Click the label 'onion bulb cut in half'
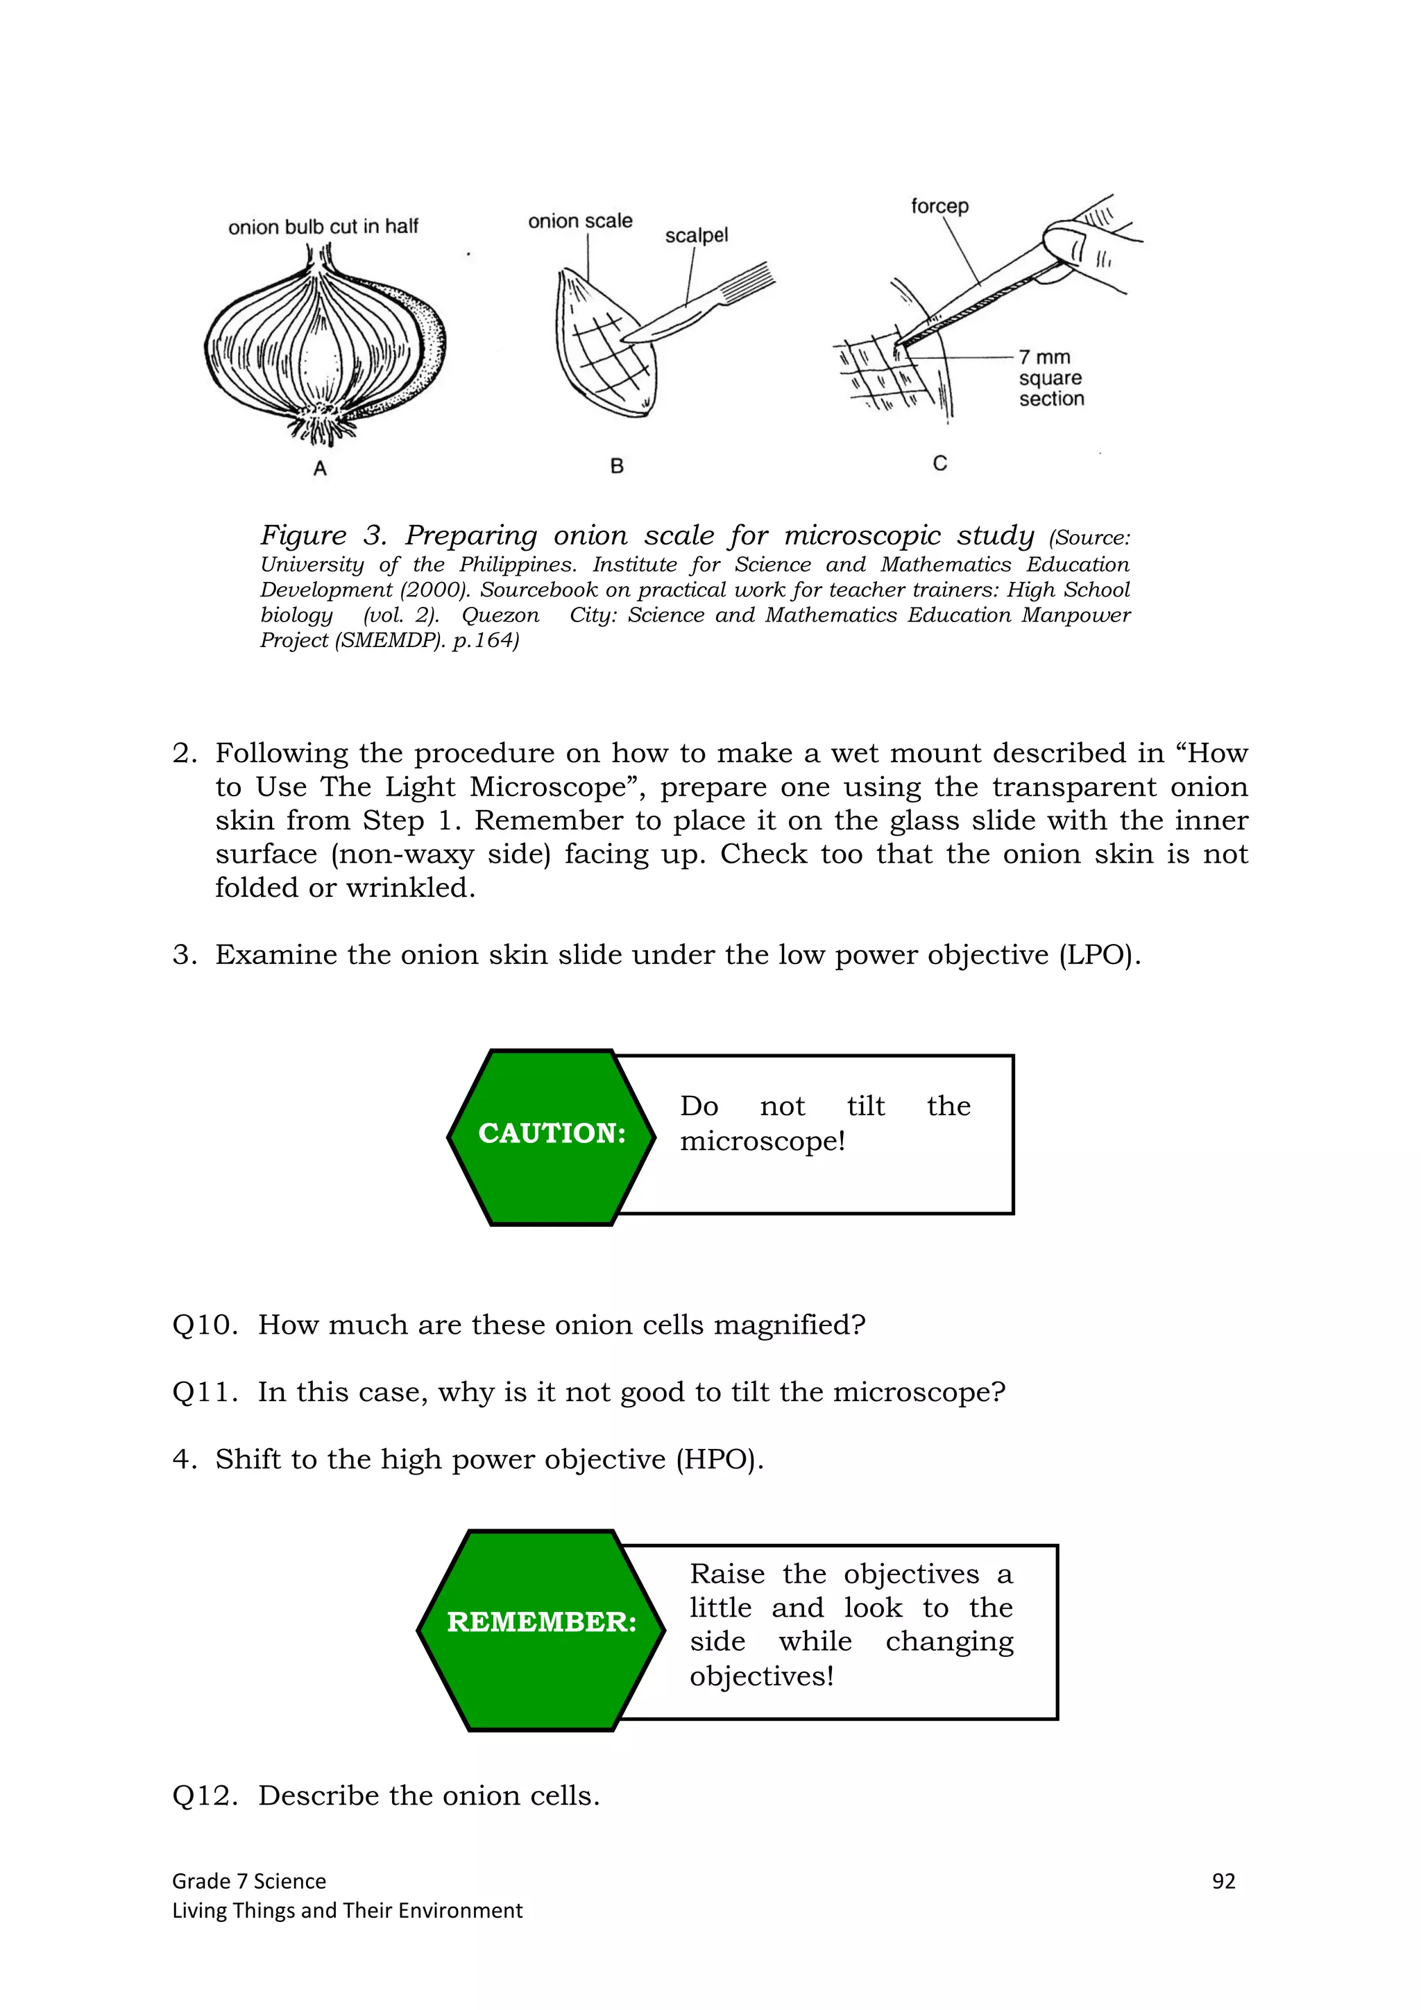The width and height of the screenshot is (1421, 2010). [x=323, y=227]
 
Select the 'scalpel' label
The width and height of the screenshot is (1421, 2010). [x=696, y=236]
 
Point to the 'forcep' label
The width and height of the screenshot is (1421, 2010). [x=939, y=207]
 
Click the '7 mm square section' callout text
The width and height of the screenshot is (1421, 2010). [x=1050, y=378]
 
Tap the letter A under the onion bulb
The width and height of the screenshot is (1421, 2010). [x=321, y=468]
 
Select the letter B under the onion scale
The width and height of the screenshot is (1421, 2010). [x=618, y=467]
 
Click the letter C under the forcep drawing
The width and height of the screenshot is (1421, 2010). [x=939, y=463]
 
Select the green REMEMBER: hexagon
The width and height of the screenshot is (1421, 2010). [x=541, y=1622]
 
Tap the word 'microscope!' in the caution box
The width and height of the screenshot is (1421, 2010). [x=762, y=1142]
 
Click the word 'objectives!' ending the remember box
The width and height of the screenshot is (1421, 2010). [x=761, y=1676]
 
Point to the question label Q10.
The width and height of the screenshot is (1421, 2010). [x=204, y=1325]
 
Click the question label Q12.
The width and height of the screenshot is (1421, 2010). [x=204, y=1796]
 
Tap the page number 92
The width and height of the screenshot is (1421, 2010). [x=1223, y=1881]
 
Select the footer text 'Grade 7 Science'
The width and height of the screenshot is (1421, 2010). [x=248, y=1881]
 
